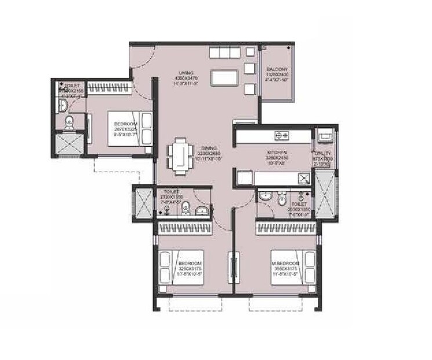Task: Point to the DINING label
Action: (x=201, y=147)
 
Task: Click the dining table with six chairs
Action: (x=180, y=155)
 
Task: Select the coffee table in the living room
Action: (x=224, y=77)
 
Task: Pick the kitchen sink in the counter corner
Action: (x=302, y=177)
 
